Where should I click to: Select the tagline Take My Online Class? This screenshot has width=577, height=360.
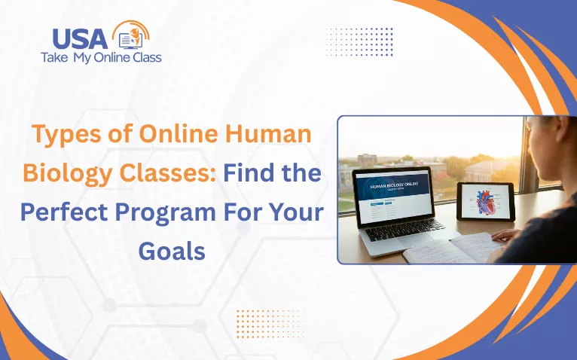101,57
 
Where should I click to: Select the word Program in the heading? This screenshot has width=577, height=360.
170,212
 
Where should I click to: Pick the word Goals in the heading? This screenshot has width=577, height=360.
172,251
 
